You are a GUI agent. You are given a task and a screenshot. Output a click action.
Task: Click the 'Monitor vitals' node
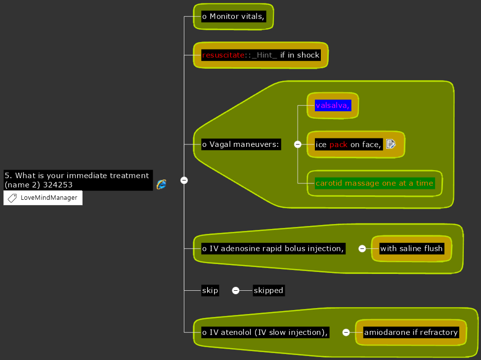tap(233, 16)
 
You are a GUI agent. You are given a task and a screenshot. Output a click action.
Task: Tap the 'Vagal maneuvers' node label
tap(241, 144)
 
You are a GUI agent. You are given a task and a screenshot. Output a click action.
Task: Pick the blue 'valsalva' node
tap(333, 105)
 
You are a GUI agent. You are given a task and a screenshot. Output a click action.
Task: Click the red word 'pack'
tap(339, 144)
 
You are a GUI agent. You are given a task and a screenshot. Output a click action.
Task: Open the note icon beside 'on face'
tap(391, 144)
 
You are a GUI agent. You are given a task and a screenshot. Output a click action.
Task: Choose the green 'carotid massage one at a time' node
tap(374, 183)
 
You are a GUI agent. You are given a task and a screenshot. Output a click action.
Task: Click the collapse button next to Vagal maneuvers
tap(298, 144)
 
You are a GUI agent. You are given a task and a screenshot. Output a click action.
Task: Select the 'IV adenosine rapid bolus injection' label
tap(273, 248)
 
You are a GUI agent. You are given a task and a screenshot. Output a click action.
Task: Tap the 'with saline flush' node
tap(411, 248)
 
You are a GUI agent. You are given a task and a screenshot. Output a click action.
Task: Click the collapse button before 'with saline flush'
tap(362, 248)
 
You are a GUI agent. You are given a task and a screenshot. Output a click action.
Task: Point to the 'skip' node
tap(210, 290)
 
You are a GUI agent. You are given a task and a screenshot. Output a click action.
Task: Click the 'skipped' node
tap(268, 290)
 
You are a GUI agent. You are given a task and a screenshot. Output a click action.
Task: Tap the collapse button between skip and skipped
tap(236, 290)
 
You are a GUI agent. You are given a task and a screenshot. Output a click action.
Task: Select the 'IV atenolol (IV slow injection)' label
tap(265, 332)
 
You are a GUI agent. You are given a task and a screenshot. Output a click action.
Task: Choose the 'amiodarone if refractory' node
tap(411, 332)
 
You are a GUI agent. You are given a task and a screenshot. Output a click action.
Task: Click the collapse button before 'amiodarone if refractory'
tap(346, 332)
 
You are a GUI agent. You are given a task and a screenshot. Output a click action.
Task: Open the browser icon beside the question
tap(161, 184)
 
